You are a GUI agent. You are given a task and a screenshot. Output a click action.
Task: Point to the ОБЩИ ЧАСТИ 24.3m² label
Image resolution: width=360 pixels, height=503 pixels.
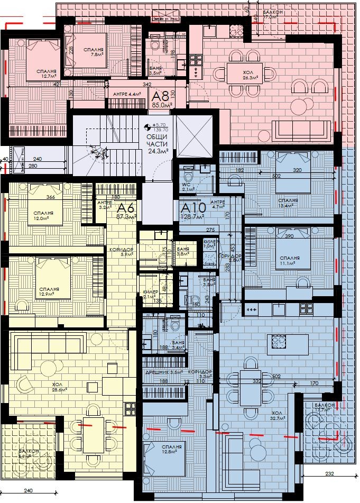point(158,143)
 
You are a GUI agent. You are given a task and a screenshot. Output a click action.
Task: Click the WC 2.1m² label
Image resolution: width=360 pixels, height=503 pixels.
point(188,186)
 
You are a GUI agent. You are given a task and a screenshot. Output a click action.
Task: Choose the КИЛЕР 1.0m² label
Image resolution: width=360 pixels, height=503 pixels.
point(209,244)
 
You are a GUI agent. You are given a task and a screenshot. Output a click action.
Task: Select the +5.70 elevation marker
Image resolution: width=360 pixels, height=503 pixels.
point(160,125)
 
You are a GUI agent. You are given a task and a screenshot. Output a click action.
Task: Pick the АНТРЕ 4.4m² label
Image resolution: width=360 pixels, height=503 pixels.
point(127,94)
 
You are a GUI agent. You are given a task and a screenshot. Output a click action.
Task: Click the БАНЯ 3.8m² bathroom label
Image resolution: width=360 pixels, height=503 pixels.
point(183,251)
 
